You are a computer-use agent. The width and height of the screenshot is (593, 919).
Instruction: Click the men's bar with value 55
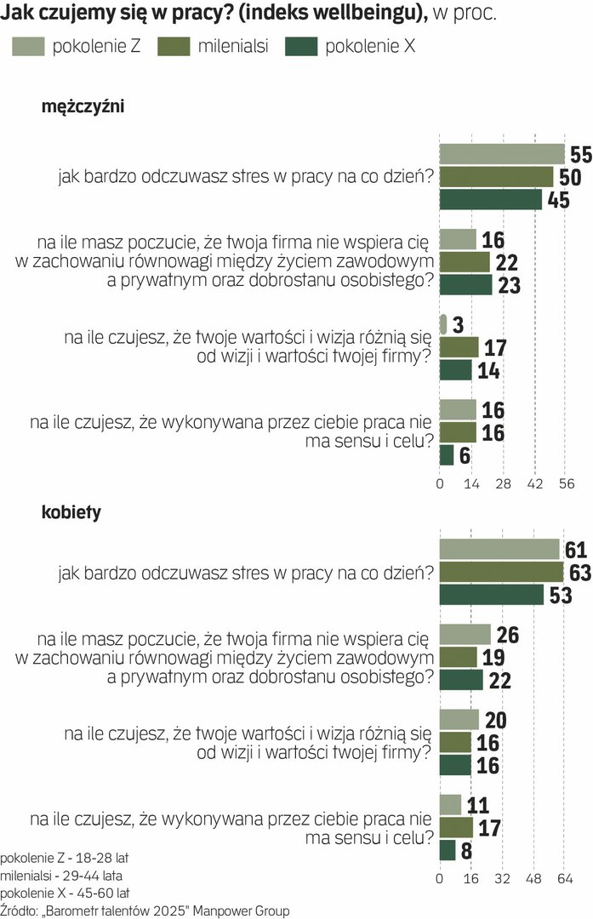point(502,154)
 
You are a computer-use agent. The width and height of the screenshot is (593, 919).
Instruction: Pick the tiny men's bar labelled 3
point(442,324)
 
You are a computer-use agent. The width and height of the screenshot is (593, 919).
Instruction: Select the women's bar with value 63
point(502,572)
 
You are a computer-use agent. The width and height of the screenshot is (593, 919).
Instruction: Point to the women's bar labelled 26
point(465,634)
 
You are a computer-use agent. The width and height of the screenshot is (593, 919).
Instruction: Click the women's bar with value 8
point(448,850)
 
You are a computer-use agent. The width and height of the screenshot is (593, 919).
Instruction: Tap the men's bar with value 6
point(447,455)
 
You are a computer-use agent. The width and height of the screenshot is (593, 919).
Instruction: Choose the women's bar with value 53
point(492,594)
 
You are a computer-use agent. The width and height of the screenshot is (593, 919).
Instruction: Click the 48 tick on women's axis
point(533,878)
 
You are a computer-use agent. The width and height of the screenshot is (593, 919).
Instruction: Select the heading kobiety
point(71,512)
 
